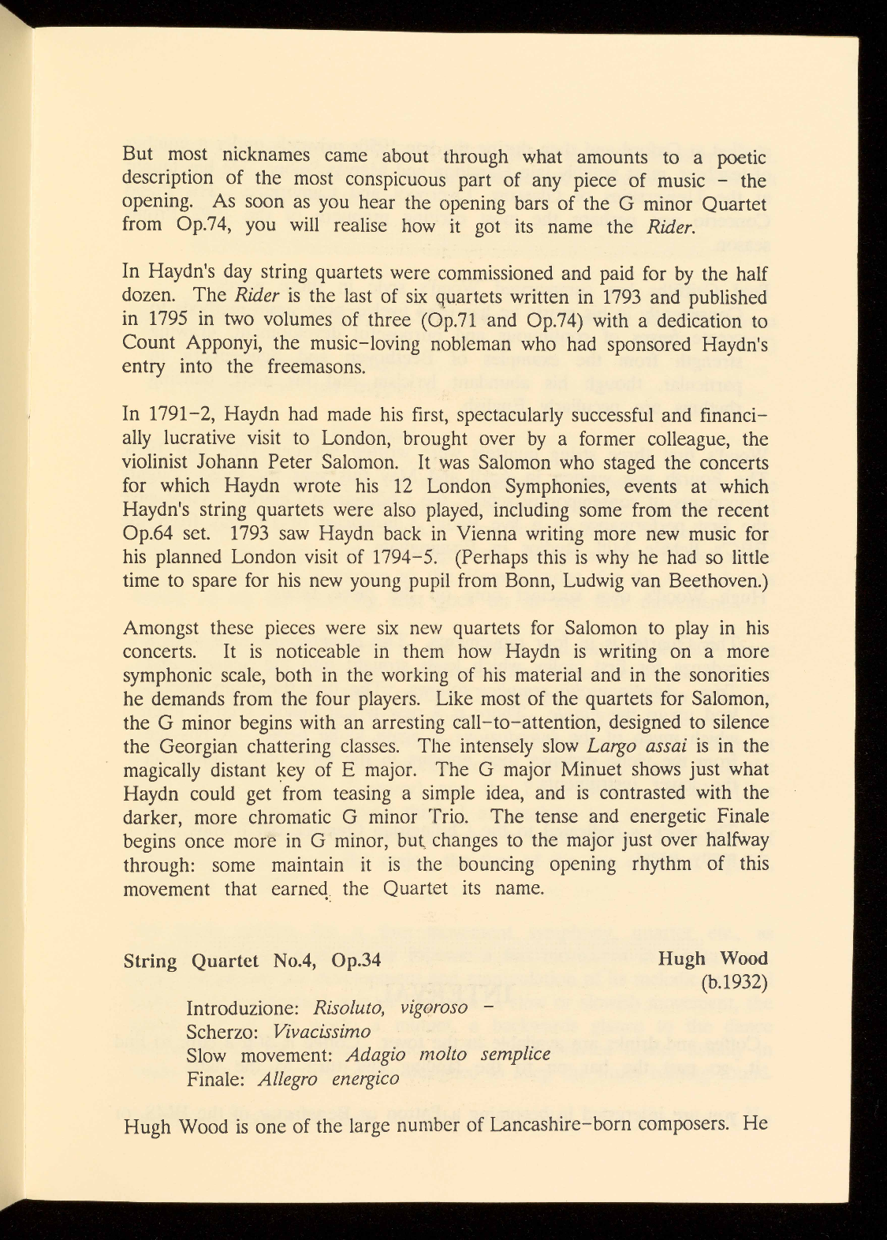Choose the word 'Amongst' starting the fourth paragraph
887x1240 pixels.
click(x=162, y=629)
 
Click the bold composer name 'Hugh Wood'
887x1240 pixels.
click(x=713, y=958)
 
